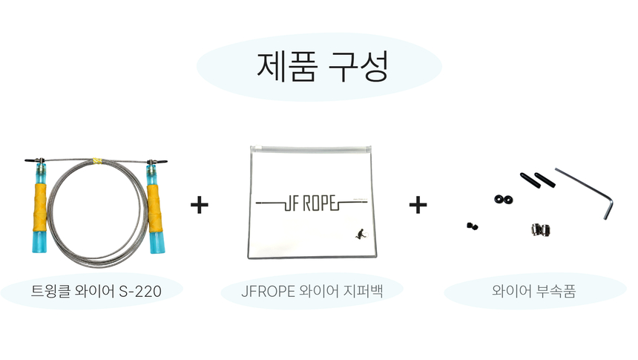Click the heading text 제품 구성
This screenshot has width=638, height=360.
pos(323,66)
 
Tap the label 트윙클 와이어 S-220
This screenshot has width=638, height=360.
pos(96,291)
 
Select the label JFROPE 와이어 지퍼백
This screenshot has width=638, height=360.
pos(312,291)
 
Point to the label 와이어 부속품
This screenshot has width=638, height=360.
pos(534,291)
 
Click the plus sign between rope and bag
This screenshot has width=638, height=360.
pos(200,205)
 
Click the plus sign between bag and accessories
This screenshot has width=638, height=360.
pos(418,205)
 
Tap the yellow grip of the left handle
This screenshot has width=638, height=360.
pos(40,207)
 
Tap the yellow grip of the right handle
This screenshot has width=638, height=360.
pos(154,209)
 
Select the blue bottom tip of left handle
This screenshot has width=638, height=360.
pos(39,242)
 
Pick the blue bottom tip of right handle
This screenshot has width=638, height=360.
pos(157,243)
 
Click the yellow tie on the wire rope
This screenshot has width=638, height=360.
pos(97,161)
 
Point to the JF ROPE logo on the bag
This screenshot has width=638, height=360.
pos(312,203)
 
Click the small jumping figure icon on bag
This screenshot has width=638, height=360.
pos(361,234)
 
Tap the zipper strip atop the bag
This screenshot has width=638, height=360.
pos(311,149)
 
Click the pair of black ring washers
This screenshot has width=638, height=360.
pos(503,200)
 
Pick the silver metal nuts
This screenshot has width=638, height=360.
pos(540,229)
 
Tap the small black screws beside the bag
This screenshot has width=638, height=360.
pos(473,226)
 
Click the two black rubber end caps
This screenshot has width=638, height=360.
pos(538,180)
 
